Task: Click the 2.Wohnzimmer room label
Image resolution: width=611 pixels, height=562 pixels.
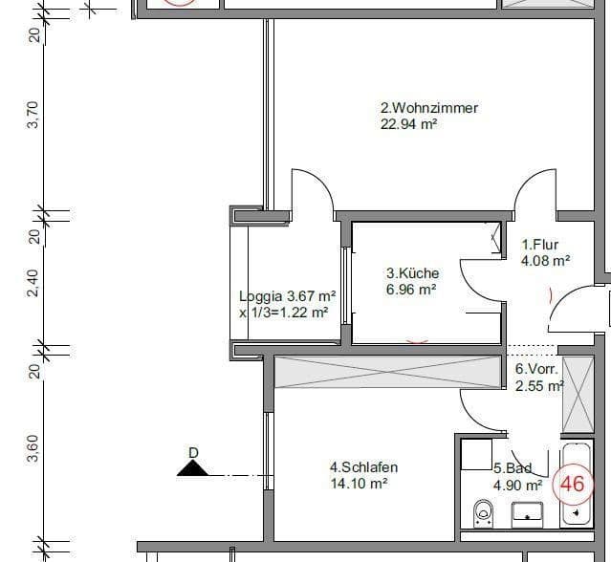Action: [429, 108]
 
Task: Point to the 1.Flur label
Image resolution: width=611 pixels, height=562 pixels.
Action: [539, 245]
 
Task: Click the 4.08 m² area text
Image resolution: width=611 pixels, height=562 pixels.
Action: [545, 260]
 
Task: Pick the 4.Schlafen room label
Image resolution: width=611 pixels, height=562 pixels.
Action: [363, 467]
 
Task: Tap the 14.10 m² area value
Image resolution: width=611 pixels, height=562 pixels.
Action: [358, 484]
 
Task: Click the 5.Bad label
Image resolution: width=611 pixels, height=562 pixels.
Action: [512, 469]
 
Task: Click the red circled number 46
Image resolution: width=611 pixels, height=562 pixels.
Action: [572, 484]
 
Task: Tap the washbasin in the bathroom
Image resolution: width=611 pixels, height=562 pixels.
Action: [527, 515]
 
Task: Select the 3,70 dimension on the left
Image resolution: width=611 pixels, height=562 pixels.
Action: [34, 116]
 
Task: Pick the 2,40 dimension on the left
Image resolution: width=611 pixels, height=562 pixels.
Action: [34, 283]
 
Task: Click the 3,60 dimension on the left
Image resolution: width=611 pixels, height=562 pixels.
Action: [34, 448]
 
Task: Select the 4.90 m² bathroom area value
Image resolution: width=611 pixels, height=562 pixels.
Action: [517, 485]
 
